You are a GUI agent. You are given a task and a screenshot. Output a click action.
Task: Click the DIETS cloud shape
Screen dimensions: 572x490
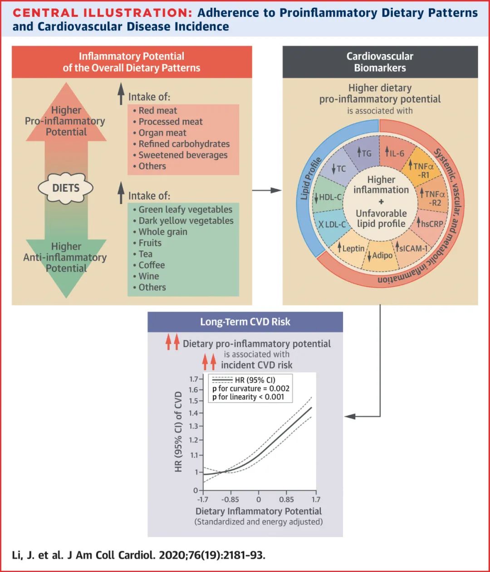pyautogui.click(x=66, y=188)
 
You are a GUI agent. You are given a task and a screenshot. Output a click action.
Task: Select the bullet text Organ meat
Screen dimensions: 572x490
pyautogui.click(x=162, y=133)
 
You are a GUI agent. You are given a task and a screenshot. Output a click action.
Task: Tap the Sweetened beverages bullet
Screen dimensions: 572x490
pyautogui.click(x=183, y=155)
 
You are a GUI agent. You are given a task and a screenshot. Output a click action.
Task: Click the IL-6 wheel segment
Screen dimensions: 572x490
pyautogui.click(x=395, y=153)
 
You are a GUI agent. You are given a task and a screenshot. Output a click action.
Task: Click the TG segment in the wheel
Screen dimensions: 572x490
pyautogui.click(x=364, y=153)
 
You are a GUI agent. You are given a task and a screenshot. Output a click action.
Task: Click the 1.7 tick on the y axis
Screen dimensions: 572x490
pyautogui.click(x=194, y=379)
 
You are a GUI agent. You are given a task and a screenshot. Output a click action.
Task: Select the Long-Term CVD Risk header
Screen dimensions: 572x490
pyautogui.click(x=245, y=322)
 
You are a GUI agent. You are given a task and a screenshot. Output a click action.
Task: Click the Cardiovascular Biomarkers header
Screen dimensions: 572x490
pyautogui.click(x=380, y=62)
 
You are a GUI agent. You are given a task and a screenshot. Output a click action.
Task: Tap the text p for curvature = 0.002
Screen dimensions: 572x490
pyautogui.click(x=250, y=388)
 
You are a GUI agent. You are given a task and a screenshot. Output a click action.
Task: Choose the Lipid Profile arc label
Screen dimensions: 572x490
pyautogui.click(x=311, y=179)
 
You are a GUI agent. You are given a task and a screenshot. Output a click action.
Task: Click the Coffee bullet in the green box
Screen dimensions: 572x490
pyautogui.click(x=152, y=265)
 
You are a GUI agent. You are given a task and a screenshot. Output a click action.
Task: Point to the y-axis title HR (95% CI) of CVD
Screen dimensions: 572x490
pyautogui.click(x=178, y=431)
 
